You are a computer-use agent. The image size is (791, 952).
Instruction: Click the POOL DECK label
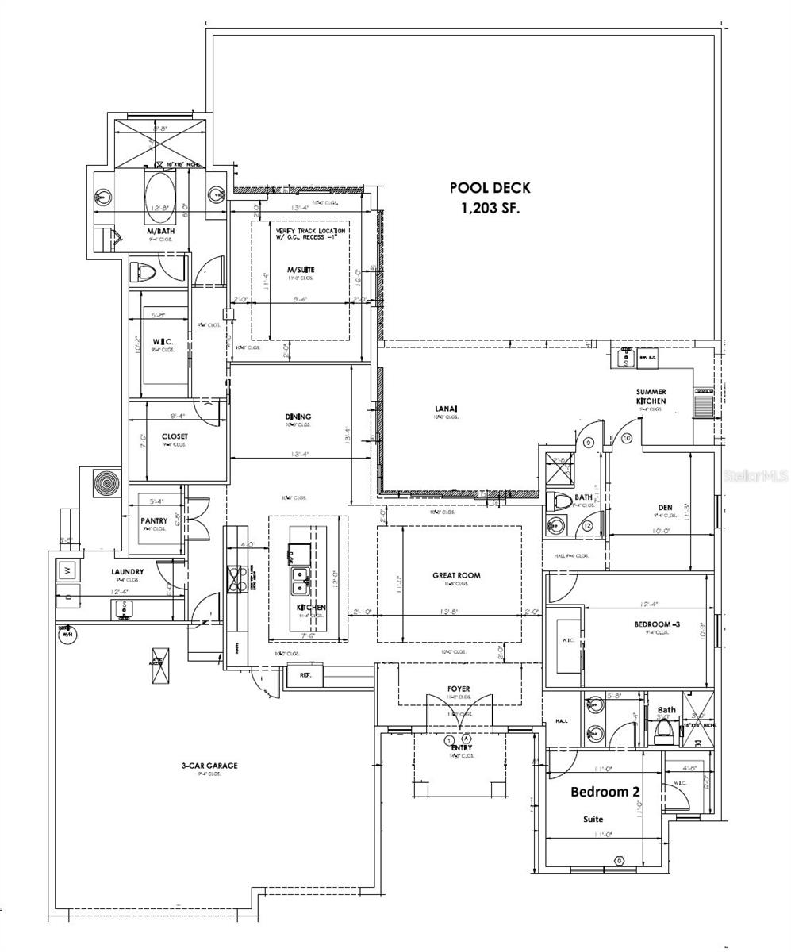click(490, 188)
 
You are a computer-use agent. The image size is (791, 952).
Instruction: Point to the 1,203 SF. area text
click(490, 208)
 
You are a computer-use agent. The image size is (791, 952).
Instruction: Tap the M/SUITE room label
click(301, 270)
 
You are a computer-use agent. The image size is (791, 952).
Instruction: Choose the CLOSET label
click(175, 436)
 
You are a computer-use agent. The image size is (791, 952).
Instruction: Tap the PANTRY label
click(154, 521)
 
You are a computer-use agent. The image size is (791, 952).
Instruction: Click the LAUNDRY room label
click(127, 571)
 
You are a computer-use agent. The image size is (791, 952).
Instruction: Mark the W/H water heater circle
click(67, 634)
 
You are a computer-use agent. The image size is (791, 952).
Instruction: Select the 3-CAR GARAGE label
click(209, 766)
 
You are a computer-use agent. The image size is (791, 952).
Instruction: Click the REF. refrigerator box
click(305, 675)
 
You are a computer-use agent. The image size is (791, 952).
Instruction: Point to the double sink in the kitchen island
click(299, 581)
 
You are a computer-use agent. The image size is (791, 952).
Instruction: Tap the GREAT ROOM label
click(456, 575)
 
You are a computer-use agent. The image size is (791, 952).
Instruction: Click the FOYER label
click(459, 689)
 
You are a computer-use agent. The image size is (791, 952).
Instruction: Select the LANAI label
click(446, 409)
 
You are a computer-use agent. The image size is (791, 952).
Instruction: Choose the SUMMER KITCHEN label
click(651, 396)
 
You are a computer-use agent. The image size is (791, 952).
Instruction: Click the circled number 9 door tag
click(589, 442)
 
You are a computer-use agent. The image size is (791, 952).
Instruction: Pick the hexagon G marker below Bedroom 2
click(620, 860)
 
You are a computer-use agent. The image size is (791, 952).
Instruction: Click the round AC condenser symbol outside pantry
click(104, 482)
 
